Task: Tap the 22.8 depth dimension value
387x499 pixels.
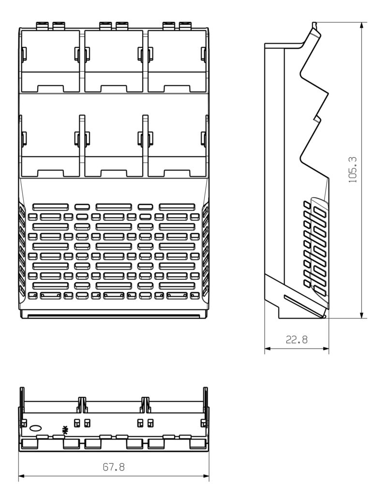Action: pos(296,340)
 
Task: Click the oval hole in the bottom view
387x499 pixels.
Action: pos(36,428)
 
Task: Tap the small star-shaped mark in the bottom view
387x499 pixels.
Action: pos(65,429)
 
